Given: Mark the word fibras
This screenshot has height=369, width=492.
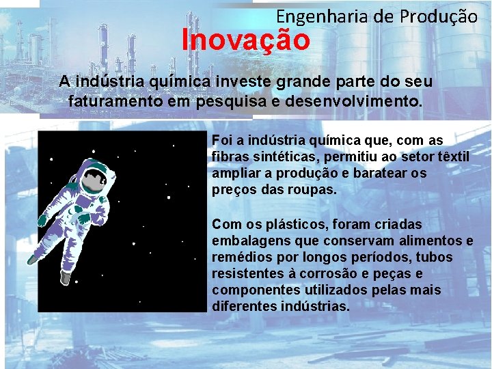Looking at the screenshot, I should [230, 156].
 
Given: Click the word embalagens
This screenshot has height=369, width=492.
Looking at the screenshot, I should [247, 241].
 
